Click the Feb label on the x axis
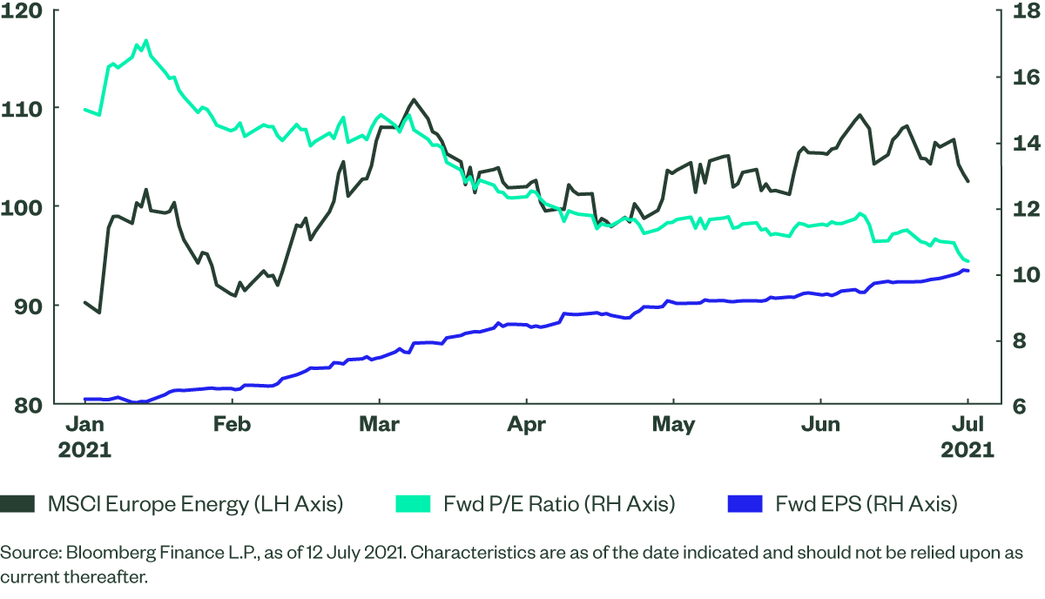[232, 425]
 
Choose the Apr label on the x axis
[526, 425]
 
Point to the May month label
[673, 425]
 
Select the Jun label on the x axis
[820, 425]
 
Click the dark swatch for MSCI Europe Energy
[19, 503]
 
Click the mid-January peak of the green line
[145, 40]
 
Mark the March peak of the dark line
[414, 99]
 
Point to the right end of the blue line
[967, 271]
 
